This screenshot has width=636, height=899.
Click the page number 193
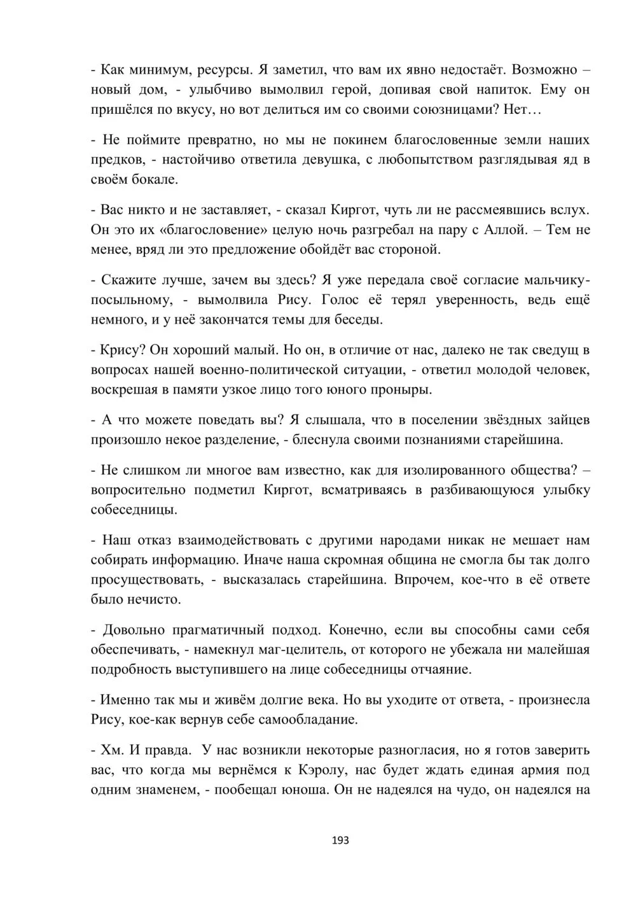pyautogui.click(x=341, y=840)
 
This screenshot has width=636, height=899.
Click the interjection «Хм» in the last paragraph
pyautogui.click(x=111, y=750)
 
